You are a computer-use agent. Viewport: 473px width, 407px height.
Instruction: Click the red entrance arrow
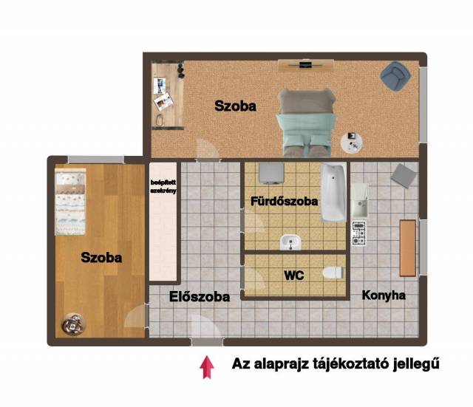pyautogui.click(x=207, y=367)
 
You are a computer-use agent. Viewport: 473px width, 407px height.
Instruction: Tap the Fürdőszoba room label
pyautogui.click(x=284, y=202)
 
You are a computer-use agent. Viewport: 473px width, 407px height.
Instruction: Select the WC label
pyautogui.click(x=294, y=276)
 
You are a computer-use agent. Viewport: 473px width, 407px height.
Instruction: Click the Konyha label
pyautogui.click(x=384, y=295)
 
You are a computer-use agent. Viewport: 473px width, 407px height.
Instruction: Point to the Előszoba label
pyautogui.click(x=200, y=297)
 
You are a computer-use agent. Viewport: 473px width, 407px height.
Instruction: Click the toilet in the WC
pyautogui.click(x=333, y=273)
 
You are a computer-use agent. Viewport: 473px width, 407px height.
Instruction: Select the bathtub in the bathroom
pyautogui.click(x=333, y=192)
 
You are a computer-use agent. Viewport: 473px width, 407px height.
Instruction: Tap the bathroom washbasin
pyautogui.click(x=290, y=242)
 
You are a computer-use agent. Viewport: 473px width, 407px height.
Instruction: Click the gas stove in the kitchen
pyautogui.click(x=359, y=233)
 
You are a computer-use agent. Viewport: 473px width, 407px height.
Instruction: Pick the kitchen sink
pyautogui.click(x=359, y=201)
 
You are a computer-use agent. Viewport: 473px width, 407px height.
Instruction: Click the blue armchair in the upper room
pyautogui.click(x=395, y=76)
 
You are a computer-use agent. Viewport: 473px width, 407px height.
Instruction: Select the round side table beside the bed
pyautogui.click(x=352, y=143)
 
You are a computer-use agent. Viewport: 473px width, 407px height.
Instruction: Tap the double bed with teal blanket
pyautogui.click(x=306, y=122)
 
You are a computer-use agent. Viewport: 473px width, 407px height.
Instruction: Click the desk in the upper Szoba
pyautogui.click(x=168, y=95)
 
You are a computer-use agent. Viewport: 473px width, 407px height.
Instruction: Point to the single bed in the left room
pyautogui.click(x=70, y=202)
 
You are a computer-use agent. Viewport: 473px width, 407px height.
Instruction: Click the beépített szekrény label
pyautogui.click(x=163, y=187)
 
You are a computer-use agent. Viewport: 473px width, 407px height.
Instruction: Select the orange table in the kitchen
pyautogui.click(x=408, y=247)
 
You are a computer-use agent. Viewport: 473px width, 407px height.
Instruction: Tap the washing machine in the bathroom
pyautogui.click(x=271, y=174)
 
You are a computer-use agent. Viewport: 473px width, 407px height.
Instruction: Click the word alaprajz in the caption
pyautogui.click(x=282, y=364)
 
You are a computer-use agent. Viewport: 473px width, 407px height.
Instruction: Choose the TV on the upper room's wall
pyautogui.click(x=305, y=65)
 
